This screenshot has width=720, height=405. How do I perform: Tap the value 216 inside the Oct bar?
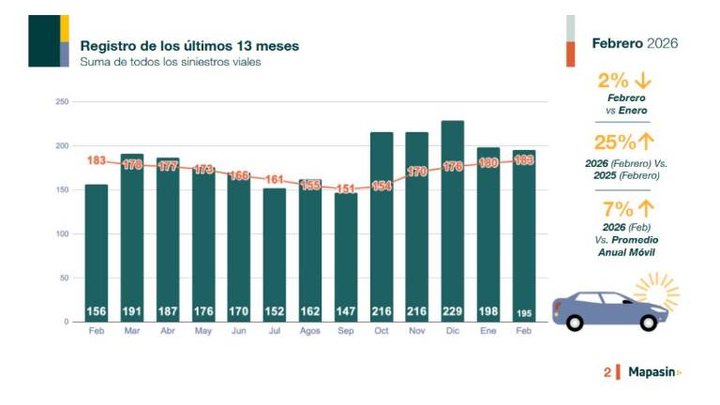point(382,311)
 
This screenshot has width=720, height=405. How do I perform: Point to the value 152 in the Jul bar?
point(275,311)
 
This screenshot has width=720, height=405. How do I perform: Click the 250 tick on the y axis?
point(62,101)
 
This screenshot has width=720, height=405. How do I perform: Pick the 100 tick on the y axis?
point(62,233)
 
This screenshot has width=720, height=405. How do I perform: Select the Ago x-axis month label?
point(310,332)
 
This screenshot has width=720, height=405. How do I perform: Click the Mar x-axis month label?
point(132,332)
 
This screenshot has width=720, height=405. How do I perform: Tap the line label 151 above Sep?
point(346,189)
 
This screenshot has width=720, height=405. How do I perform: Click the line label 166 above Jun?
point(239,175)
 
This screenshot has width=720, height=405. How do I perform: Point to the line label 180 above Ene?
point(488,163)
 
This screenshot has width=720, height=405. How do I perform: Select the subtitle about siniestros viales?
point(170,62)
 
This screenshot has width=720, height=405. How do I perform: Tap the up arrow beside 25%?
point(646,142)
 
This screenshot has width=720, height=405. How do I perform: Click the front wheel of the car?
point(648,322)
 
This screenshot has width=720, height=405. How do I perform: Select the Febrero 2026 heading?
point(635,43)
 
